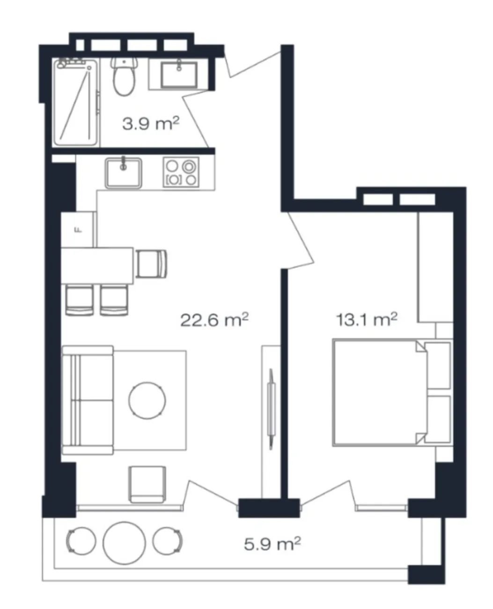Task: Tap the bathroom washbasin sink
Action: [x=179, y=75]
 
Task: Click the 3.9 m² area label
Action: [x=151, y=124]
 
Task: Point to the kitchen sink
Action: [x=123, y=173]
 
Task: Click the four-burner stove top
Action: [x=181, y=172]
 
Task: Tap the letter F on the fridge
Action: [x=77, y=230]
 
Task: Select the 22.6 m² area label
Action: [x=214, y=320]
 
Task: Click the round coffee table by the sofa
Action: [x=147, y=401]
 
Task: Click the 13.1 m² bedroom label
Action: [x=367, y=319]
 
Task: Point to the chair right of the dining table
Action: [x=151, y=264]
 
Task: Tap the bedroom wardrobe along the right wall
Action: [x=435, y=267]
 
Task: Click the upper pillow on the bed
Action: [x=437, y=366]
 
